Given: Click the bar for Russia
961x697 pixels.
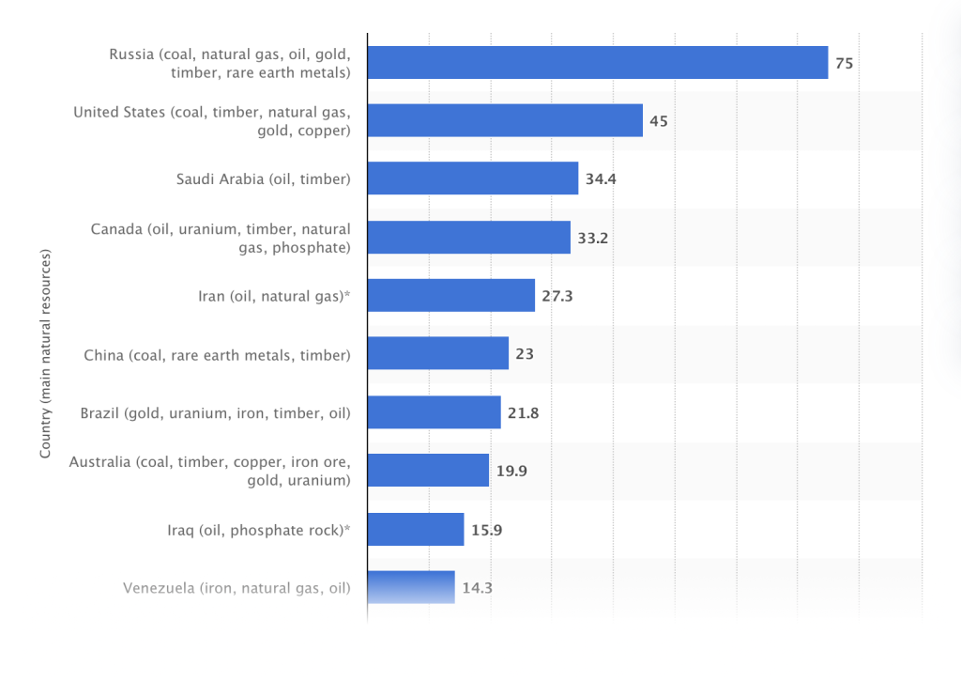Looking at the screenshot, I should (597, 62).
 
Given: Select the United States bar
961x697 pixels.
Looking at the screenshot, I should (505, 120).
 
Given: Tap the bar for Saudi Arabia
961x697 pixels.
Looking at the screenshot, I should (472, 178).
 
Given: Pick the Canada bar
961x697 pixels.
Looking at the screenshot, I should (468, 237).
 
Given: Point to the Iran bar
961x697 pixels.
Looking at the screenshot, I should (450, 295).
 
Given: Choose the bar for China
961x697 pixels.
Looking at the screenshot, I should (437, 353).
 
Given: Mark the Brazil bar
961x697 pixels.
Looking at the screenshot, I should (434, 411).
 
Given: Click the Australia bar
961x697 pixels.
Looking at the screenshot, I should (428, 470).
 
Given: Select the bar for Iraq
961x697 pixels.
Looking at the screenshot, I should (416, 529).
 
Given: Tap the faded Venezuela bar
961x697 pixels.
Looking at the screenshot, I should (411, 587).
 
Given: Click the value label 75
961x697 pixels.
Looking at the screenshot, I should (844, 63).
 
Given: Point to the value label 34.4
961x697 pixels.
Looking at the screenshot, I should (601, 179).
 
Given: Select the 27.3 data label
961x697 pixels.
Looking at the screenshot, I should (557, 296).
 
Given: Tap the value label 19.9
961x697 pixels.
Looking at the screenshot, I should (511, 471).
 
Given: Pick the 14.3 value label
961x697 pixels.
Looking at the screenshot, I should (477, 588).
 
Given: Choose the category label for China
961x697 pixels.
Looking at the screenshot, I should (217, 355).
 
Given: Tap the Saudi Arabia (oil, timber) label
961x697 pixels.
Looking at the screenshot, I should (263, 179).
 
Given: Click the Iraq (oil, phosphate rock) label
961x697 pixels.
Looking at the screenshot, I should (252, 530).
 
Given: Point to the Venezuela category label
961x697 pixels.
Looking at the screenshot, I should (236, 588).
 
